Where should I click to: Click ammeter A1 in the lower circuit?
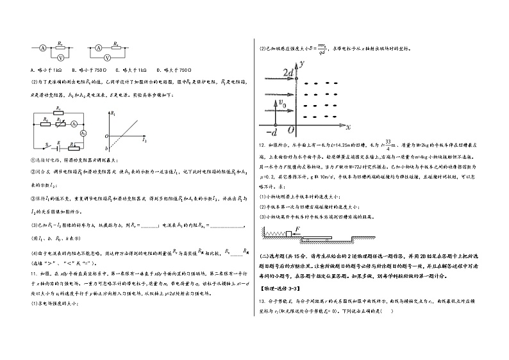(x=74, y=123)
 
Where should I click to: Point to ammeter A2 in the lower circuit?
(x=83, y=133)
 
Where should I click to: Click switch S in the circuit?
(x=46, y=143)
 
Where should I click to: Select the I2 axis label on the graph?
(x=144, y=139)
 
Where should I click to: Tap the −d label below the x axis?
(x=269, y=132)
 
